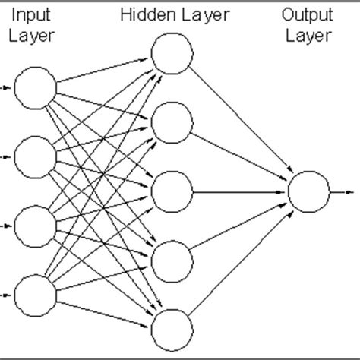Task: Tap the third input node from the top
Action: click(33, 226)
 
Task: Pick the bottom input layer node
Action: click(33, 295)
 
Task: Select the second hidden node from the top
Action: click(170, 121)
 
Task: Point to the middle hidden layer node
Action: click(170, 191)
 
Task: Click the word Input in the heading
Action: click(33, 15)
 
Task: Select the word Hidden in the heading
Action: click(145, 15)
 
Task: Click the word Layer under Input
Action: click(33, 36)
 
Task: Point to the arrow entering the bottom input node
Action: click(5, 295)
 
